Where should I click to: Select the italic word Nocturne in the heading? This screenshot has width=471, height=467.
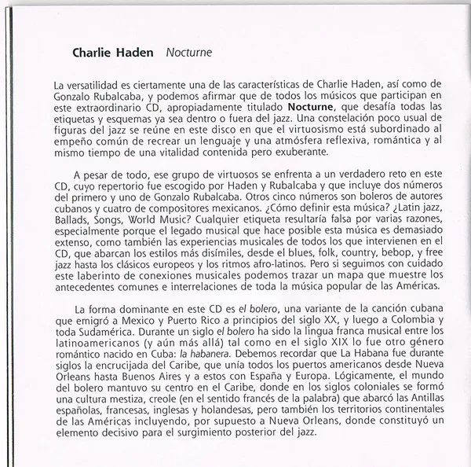tap(189, 54)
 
